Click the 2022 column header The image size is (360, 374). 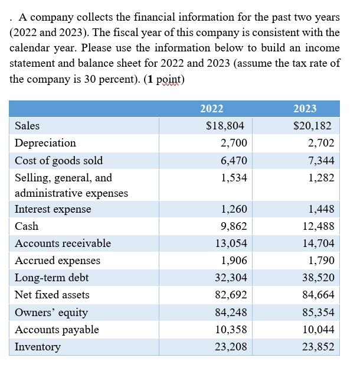tap(211, 108)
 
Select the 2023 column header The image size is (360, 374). tap(305, 108)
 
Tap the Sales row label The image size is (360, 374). tap(27, 125)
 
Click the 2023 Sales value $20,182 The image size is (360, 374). tap(312, 125)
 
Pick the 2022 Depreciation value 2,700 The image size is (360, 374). tap(234, 143)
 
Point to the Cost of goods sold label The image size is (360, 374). tap(58, 161)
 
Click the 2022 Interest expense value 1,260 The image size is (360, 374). tap(234, 209)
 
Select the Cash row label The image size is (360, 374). tap(27, 226)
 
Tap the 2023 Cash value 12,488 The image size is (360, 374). tap(318, 226)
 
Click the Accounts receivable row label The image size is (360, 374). tap(63, 243)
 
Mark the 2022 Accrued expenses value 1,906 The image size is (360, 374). tap(234, 261)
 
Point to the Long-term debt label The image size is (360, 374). tap(52, 278)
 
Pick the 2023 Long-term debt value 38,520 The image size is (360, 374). tap(318, 278)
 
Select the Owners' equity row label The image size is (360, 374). tap(51, 313)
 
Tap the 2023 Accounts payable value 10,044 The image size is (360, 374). tap(318, 330)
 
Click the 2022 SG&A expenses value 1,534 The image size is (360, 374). tap(234, 178)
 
